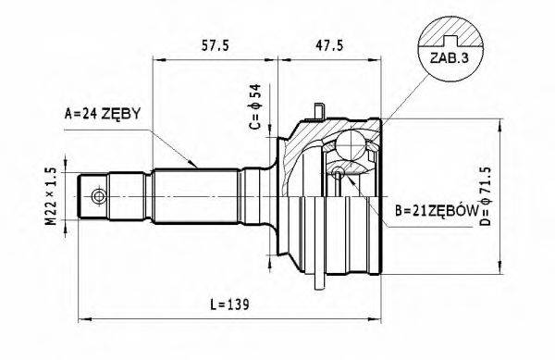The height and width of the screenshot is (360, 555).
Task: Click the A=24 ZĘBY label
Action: (102, 114)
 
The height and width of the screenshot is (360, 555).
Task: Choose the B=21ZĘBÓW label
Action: (440, 213)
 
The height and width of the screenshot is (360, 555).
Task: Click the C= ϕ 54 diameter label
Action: (257, 110)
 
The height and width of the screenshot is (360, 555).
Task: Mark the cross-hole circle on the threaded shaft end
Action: (96, 196)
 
